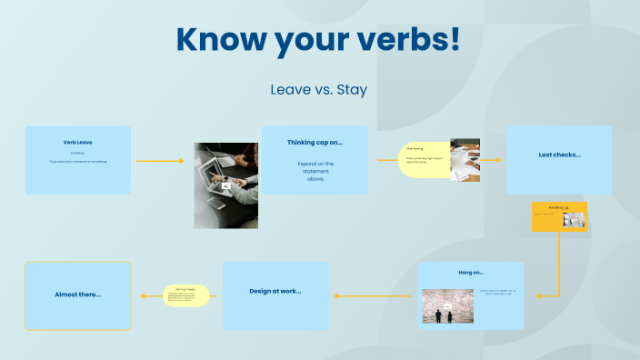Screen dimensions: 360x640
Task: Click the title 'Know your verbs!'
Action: [x=318, y=41]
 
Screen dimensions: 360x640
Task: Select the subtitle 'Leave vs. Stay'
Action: [x=318, y=90]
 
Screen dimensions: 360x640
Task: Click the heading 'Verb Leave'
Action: [x=77, y=142]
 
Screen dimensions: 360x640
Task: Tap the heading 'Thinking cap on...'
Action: [x=315, y=143]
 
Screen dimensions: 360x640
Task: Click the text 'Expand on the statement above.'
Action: [x=315, y=171]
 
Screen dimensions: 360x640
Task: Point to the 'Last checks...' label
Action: [x=559, y=155]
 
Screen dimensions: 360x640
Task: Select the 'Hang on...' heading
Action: [x=470, y=272]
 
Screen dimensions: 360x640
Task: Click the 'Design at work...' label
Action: [x=275, y=291]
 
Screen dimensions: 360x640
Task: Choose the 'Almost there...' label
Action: [x=77, y=294]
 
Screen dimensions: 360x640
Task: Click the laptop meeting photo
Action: [x=225, y=185]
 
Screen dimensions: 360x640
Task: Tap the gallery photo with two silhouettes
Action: [x=447, y=306]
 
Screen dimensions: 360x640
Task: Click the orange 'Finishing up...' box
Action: [x=559, y=217]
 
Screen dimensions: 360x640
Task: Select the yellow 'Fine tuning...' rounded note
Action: [x=425, y=159]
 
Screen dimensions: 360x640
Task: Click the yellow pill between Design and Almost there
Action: [x=186, y=295]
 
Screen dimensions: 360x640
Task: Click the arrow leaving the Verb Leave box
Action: [x=159, y=161]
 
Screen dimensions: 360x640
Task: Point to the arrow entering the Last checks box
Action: [x=491, y=160]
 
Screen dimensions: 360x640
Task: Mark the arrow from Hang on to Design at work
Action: [x=373, y=295]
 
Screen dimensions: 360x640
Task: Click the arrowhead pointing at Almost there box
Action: [x=141, y=295]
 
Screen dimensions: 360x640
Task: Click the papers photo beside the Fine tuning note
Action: [x=465, y=161]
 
